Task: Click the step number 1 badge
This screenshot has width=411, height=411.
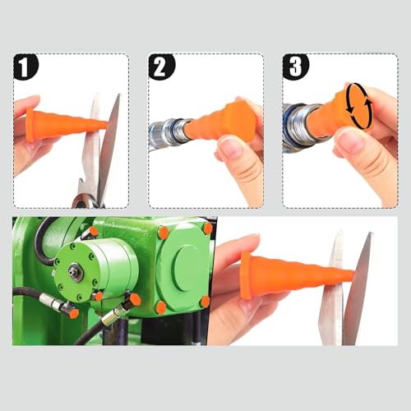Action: (25, 67)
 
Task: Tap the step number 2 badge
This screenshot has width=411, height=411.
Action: (161, 67)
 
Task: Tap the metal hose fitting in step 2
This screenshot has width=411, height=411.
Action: (169, 133)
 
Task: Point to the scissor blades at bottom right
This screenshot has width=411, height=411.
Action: (345, 288)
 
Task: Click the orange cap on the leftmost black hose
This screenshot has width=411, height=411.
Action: (73, 313)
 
